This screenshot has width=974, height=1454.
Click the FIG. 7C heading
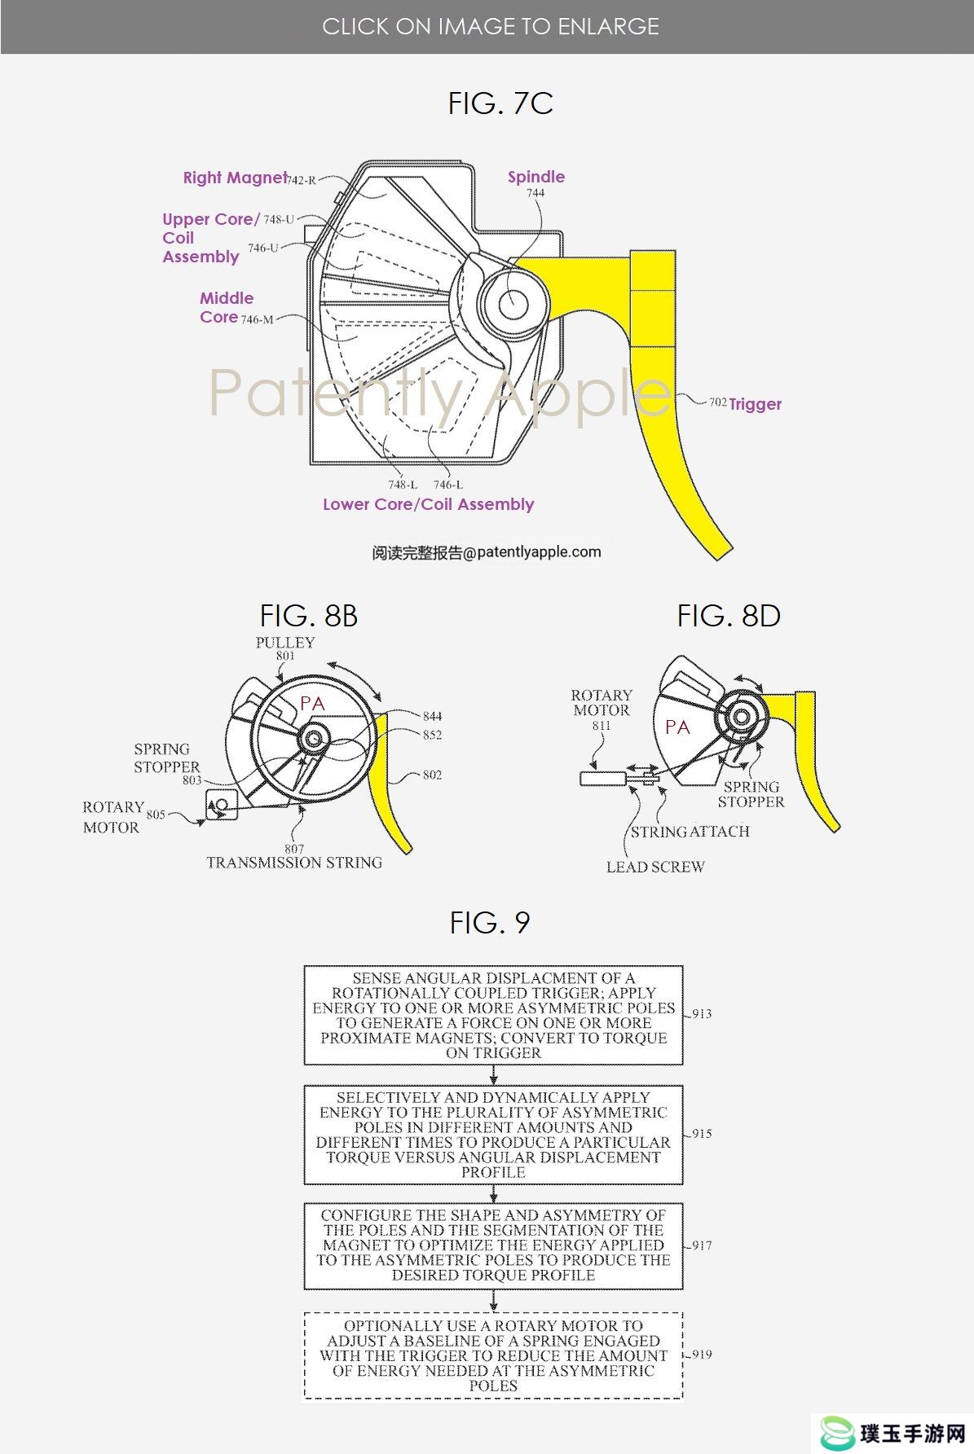[x=500, y=103]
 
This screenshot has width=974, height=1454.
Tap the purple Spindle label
[x=535, y=177]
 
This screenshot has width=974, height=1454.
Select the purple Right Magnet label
[x=235, y=178]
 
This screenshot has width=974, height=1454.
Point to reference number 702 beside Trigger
[x=717, y=402]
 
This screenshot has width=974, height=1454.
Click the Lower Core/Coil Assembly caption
[x=428, y=504]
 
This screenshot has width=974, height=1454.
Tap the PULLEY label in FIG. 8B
[x=284, y=642]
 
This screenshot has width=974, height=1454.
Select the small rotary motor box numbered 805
[x=221, y=805]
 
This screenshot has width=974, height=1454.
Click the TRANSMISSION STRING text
[x=294, y=863]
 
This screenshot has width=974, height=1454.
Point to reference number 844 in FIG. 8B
[x=432, y=716]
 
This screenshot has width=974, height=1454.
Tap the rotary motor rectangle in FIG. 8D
[x=603, y=779]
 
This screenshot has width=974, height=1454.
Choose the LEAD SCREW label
[x=655, y=867]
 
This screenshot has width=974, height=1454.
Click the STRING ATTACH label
[x=690, y=832]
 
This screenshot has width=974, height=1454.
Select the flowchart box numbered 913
[x=493, y=1015]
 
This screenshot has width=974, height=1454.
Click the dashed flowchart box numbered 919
[x=493, y=1355]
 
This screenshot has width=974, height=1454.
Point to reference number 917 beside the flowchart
[x=702, y=1245]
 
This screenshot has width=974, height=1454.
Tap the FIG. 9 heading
[x=490, y=923]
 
